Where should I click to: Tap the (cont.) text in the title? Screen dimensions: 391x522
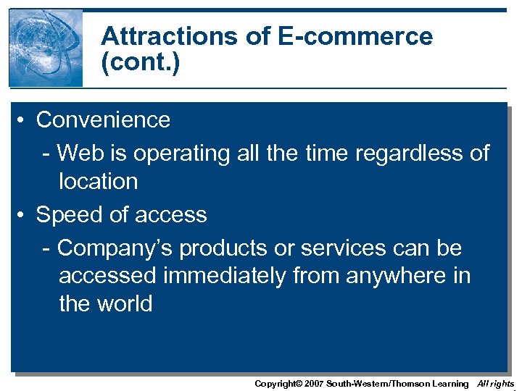tap(140, 62)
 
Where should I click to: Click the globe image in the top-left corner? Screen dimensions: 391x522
tap(46, 48)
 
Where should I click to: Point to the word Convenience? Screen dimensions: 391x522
tap(103, 119)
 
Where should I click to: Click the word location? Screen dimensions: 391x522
tap(98, 181)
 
